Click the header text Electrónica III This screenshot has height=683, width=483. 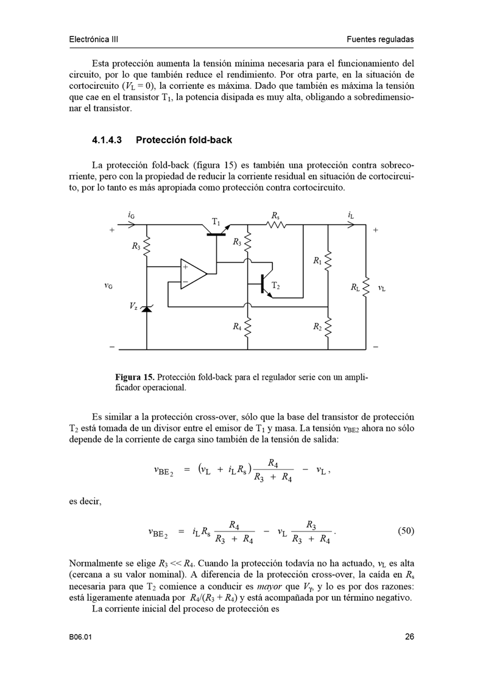(x=93, y=40)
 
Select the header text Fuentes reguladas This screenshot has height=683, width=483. (x=380, y=40)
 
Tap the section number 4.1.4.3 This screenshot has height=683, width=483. (x=107, y=140)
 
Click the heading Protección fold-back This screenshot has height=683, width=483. (x=184, y=140)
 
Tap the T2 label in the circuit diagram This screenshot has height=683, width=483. (x=276, y=285)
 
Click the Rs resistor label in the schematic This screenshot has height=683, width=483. (x=276, y=215)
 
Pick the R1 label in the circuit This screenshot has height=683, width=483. (x=317, y=261)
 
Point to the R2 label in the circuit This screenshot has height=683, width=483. (x=317, y=327)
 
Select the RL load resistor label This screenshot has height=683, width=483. (x=356, y=287)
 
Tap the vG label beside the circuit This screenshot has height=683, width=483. (x=108, y=286)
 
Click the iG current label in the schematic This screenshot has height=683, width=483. (x=132, y=215)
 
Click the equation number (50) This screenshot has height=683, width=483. (x=406, y=531)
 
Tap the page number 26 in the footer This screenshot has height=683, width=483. (x=409, y=637)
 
